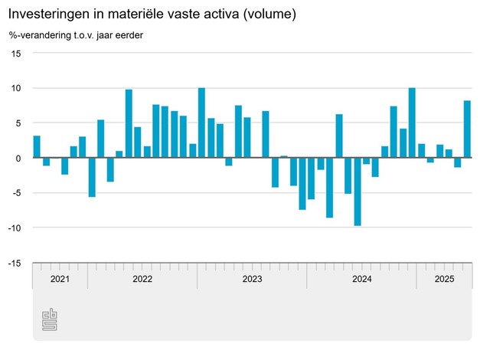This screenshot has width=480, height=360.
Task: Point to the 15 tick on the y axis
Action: (x=17, y=53)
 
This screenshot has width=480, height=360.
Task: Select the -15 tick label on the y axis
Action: (x=15, y=263)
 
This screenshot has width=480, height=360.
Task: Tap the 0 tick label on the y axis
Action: (x=19, y=158)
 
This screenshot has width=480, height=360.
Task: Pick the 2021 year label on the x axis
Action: (x=60, y=279)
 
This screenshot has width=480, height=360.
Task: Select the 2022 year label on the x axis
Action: (x=142, y=279)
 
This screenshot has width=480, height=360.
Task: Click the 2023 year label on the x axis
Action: (x=252, y=279)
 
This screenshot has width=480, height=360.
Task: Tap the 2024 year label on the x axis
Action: (x=361, y=279)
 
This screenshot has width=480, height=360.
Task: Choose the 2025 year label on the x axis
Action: (x=444, y=279)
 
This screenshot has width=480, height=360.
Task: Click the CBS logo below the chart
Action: (x=50, y=321)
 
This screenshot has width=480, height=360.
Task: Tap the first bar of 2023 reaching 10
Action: (x=201, y=123)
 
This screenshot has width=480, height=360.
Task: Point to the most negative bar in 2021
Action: (x=92, y=177)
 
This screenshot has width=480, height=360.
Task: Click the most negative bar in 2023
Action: (x=330, y=188)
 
